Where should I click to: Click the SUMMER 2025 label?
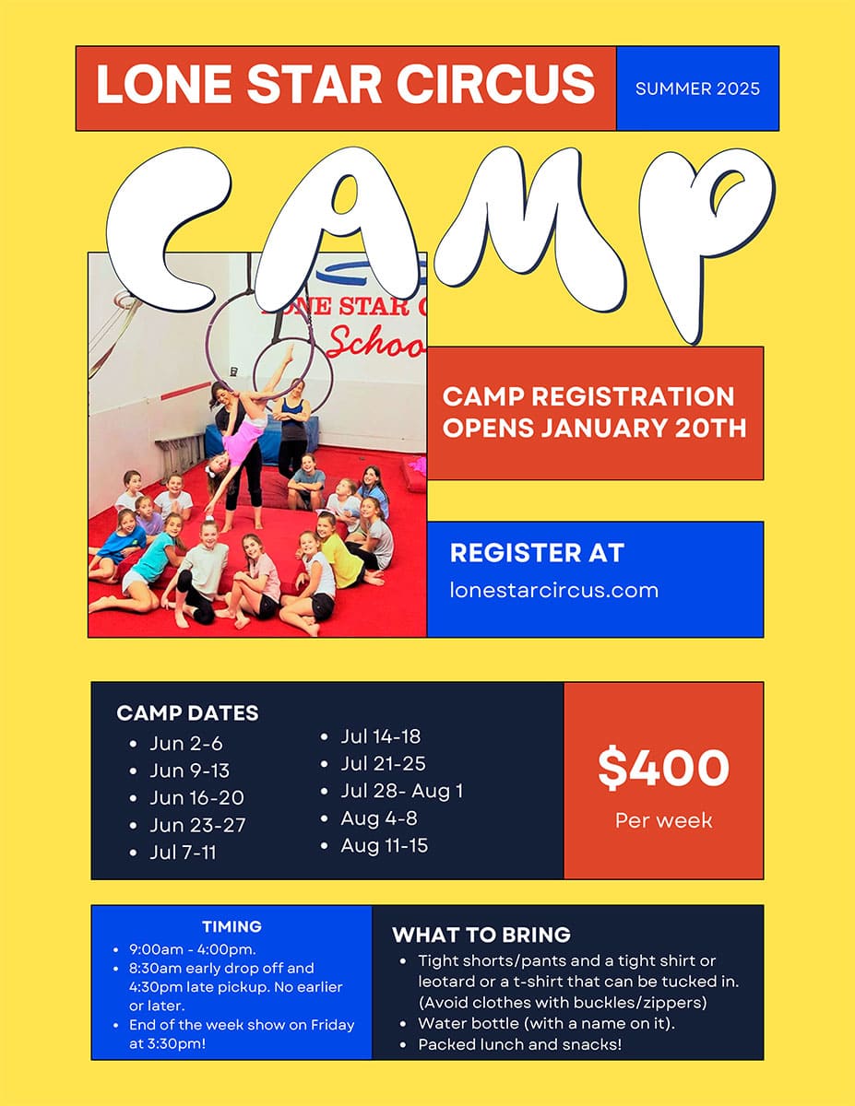(x=697, y=89)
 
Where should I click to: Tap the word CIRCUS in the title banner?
(x=495, y=84)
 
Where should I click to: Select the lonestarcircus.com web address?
(x=554, y=591)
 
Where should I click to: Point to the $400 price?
(x=663, y=768)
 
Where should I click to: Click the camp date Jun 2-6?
(x=186, y=744)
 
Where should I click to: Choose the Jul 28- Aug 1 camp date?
(x=402, y=791)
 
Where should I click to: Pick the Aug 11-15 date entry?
(x=385, y=845)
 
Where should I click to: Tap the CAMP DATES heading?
(x=187, y=713)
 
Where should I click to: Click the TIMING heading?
(x=232, y=926)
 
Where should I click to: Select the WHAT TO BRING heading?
(x=481, y=935)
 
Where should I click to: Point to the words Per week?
(x=663, y=820)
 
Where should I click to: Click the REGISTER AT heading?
(x=537, y=553)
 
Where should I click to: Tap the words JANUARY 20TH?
(x=644, y=428)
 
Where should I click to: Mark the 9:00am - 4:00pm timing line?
(x=193, y=949)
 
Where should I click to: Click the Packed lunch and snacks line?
(x=520, y=1044)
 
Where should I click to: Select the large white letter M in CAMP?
(x=529, y=229)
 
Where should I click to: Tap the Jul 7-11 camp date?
(x=184, y=853)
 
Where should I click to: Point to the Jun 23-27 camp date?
(x=197, y=825)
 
